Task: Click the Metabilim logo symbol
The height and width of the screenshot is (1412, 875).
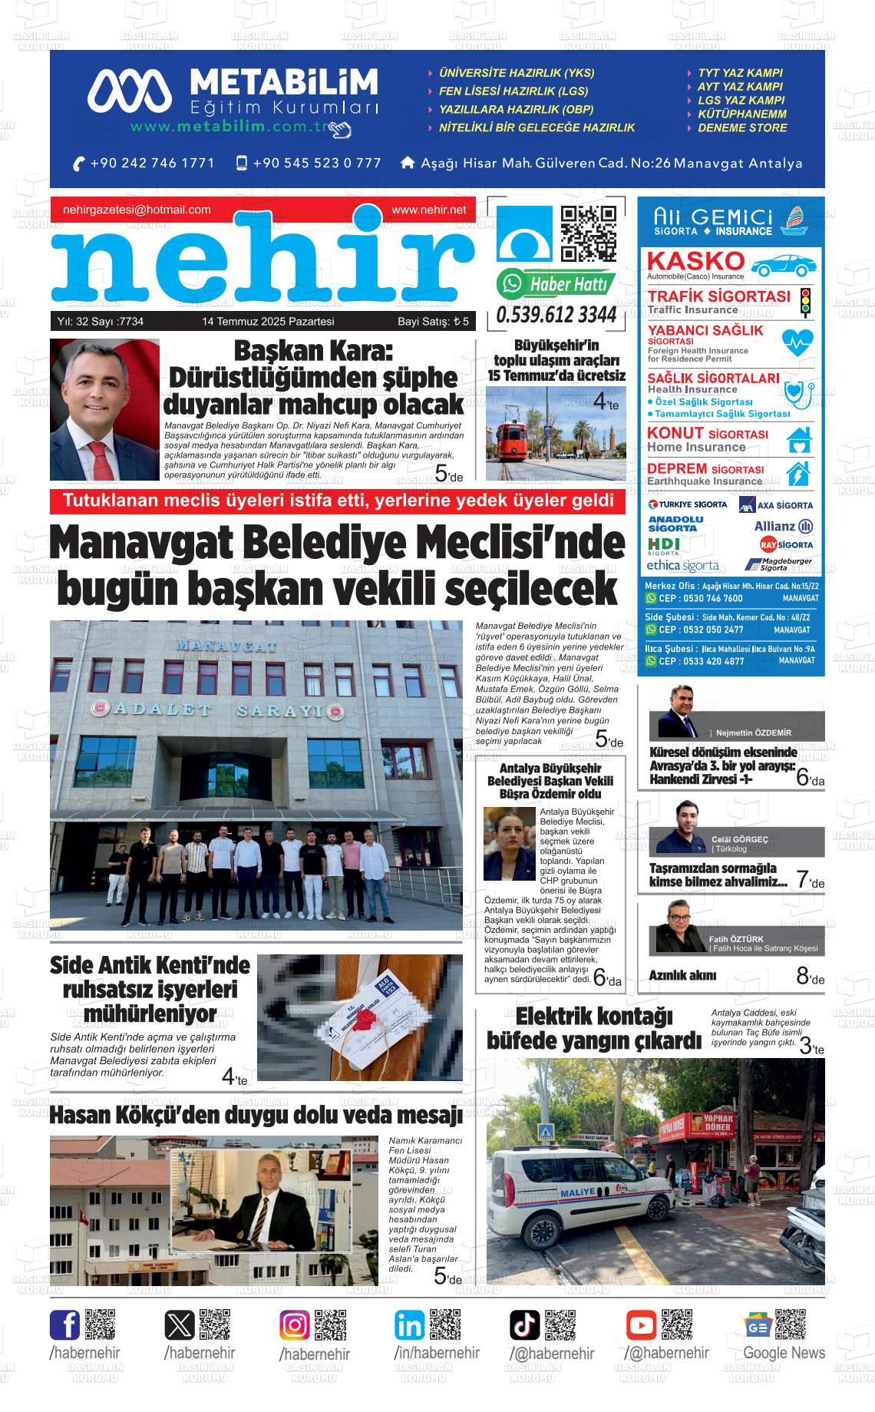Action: (x=129, y=90)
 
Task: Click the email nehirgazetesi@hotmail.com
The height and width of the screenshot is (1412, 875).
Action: (x=137, y=210)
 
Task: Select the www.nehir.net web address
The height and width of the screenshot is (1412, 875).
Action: (x=428, y=210)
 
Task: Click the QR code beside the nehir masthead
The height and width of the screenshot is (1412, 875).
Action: (x=588, y=234)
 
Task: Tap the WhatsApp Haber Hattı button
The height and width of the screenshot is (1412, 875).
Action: (x=556, y=284)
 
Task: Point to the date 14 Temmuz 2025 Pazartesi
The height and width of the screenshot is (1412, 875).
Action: (x=268, y=322)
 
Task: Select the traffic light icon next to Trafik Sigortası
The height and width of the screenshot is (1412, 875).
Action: (x=805, y=303)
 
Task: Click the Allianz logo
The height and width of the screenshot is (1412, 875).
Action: (x=784, y=526)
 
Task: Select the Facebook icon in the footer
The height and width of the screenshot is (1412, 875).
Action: (x=64, y=1325)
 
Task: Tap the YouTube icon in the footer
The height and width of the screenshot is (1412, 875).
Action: (x=641, y=1325)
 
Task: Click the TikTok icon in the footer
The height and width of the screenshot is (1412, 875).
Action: (x=525, y=1325)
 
